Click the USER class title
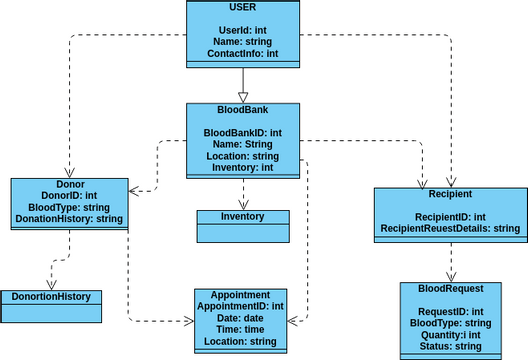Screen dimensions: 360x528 pos(242,8)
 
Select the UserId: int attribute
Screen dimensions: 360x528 pos(242,30)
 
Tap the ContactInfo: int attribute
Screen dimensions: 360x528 pos(242,53)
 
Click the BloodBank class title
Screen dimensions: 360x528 pos(242,109)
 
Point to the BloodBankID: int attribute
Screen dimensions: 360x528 pos(242,132)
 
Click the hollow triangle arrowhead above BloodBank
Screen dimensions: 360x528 pos(242,96)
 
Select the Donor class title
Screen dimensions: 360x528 pos(70,185)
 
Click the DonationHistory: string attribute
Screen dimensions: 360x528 pos(70,219)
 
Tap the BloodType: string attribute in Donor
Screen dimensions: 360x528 pos(70,207)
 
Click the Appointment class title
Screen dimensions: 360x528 pos(241,295)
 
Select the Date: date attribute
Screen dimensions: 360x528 pos(241,318)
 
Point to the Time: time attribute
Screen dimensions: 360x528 pos(241,330)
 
